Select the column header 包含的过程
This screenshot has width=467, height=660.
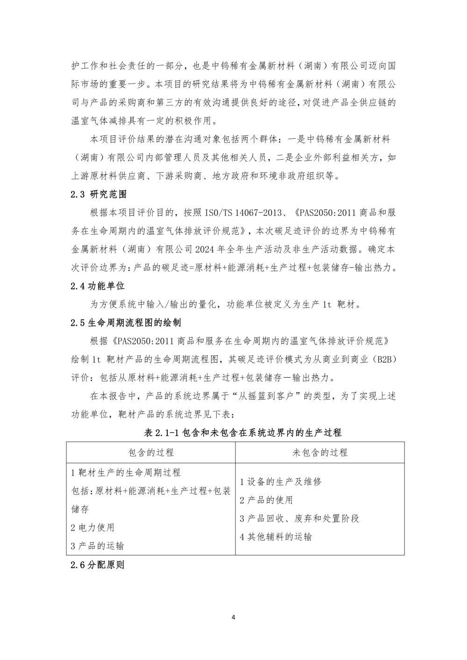pyautogui.click(x=151, y=452)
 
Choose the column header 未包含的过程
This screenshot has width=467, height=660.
pyautogui.click(x=320, y=452)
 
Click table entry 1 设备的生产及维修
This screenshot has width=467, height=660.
pyautogui.click(x=281, y=482)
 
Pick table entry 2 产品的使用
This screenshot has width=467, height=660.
pyautogui.click(x=266, y=500)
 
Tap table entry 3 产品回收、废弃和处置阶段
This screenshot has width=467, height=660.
pyautogui.click(x=299, y=519)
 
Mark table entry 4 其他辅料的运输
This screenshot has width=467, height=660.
pyautogui.click(x=276, y=537)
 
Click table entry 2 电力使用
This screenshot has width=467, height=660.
pyautogui.click(x=92, y=527)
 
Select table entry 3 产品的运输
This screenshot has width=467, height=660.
pyautogui.click(x=98, y=546)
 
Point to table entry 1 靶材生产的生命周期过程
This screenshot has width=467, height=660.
pyautogui.click(x=126, y=472)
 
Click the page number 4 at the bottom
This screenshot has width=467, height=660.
pyautogui.click(x=233, y=618)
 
